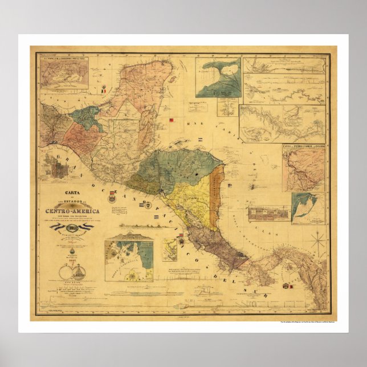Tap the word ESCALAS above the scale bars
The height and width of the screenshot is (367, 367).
click(72, 282)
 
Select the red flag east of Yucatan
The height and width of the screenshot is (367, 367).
click(172, 120)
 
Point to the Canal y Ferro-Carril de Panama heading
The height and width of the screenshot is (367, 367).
click(303, 146)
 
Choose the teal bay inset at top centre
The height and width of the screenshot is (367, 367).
click(218, 77)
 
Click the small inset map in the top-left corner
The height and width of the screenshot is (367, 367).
click(64, 72)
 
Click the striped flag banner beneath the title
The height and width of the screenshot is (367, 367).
click(71, 227)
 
